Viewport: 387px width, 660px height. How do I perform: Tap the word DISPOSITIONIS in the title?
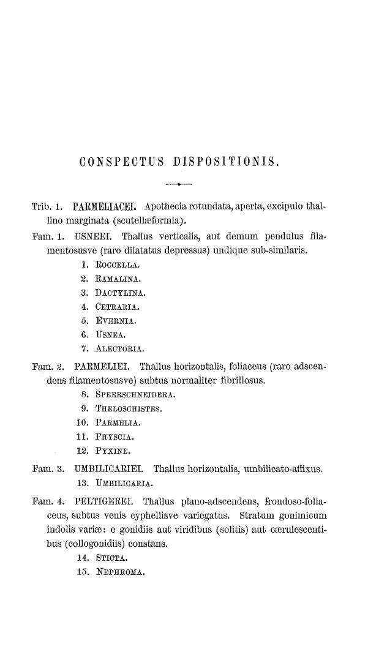click(x=227, y=163)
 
